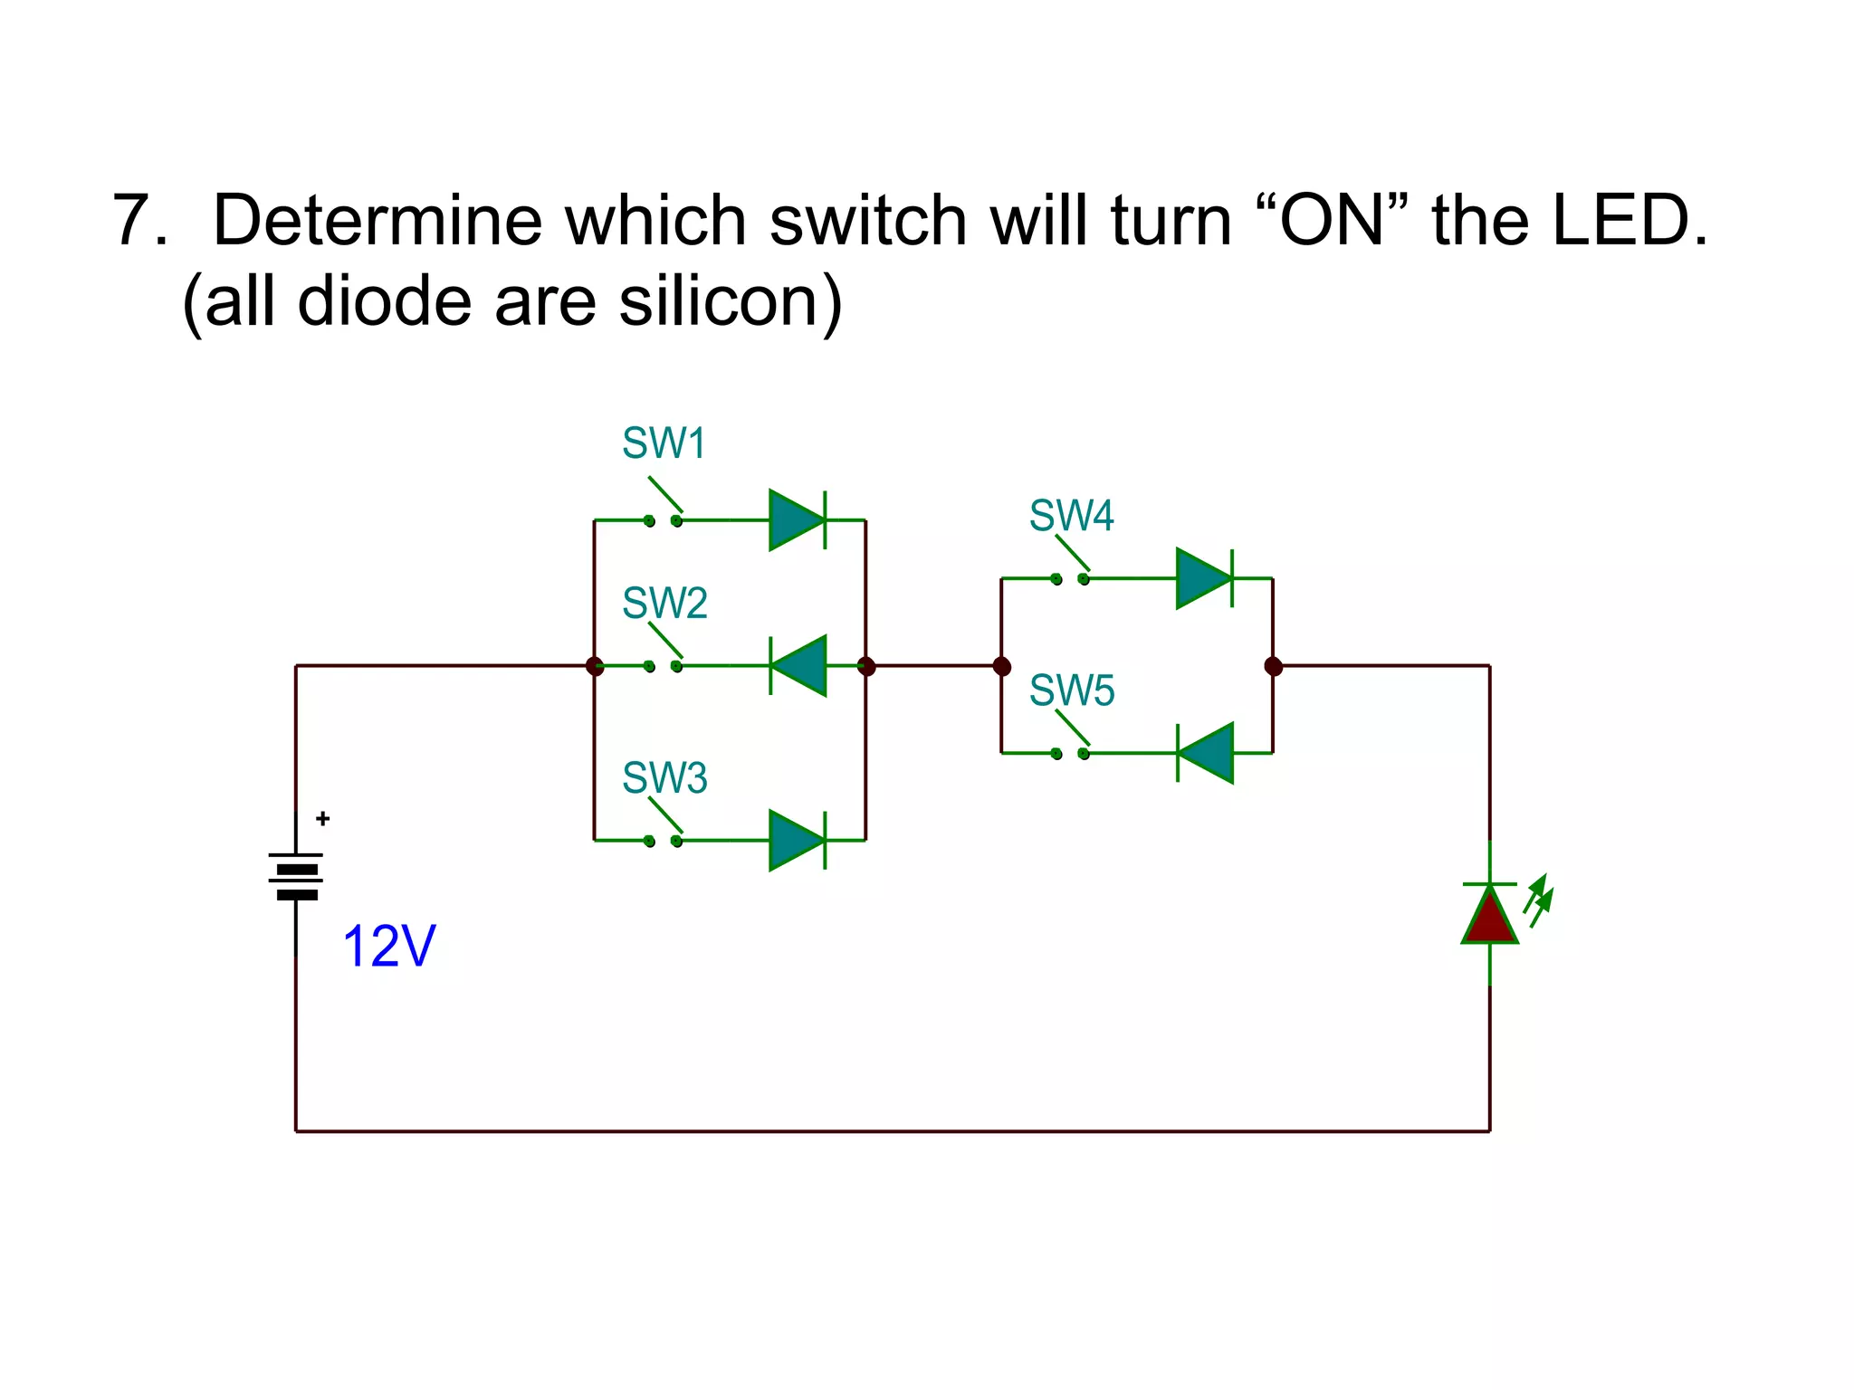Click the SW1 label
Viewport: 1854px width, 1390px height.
click(663, 443)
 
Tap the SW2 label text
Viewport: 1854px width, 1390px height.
click(664, 603)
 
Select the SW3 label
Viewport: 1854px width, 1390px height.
click(664, 777)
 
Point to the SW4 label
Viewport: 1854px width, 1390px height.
click(1071, 516)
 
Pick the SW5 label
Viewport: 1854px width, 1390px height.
click(1072, 690)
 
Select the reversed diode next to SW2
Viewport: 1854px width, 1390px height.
click(798, 666)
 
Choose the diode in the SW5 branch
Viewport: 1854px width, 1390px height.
click(1206, 753)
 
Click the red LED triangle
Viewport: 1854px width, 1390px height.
click(1489, 916)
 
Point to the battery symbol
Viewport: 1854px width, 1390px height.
click(296, 875)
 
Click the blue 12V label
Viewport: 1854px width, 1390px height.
click(389, 947)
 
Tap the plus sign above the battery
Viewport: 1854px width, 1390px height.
click(323, 819)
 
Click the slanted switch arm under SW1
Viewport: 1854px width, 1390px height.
click(665, 494)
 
